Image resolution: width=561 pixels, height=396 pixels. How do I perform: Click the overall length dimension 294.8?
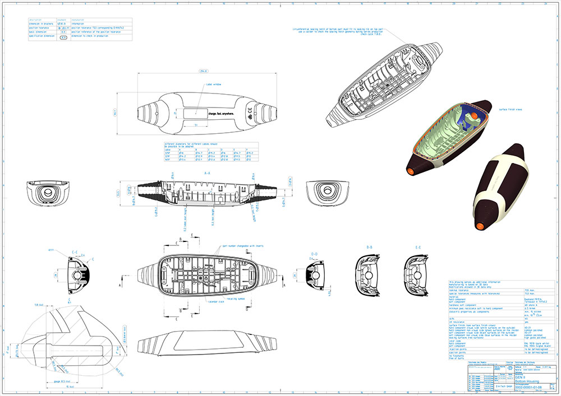204,72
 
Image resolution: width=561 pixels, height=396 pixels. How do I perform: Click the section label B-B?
370,246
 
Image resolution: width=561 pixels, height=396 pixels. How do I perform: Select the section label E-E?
418,246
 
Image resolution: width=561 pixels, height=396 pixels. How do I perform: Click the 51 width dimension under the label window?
196,124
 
